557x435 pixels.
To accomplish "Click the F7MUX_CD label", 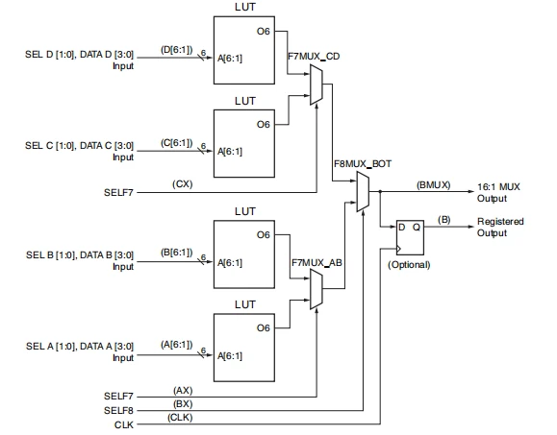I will tap(313, 58).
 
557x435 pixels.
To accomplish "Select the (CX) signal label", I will tap(181, 183).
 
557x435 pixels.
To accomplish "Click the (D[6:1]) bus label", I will tap(178, 48).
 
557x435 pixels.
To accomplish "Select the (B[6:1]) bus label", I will tap(178, 252).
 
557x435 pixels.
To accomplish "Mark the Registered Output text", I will tap(500, 228).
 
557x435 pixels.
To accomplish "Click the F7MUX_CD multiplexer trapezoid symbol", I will tap(316, 89).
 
